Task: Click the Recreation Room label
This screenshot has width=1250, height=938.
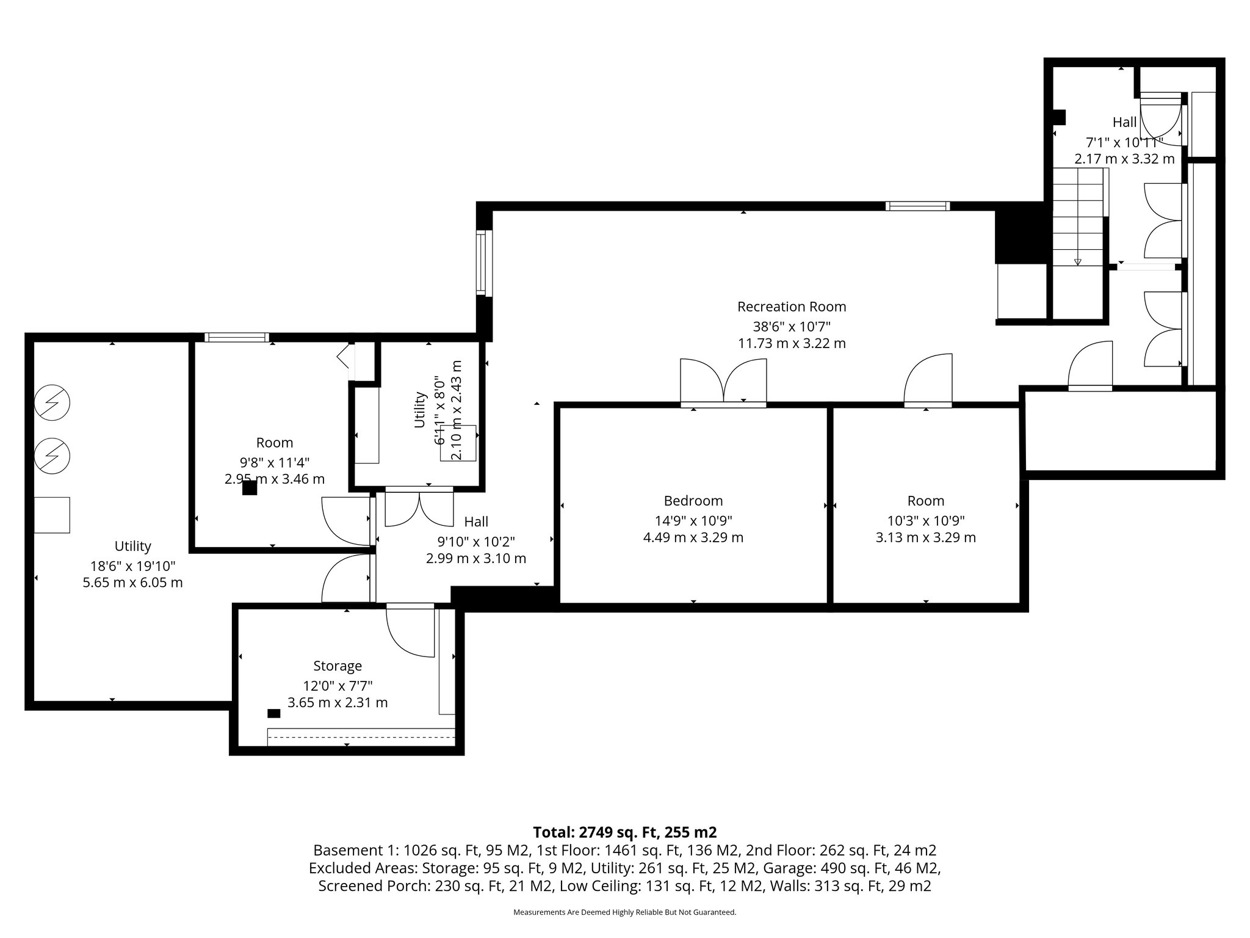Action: coord(792,307)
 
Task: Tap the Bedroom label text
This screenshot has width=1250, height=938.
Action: coord(693,501)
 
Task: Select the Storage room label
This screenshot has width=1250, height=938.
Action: coord(338,666)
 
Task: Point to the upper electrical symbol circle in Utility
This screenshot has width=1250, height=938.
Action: coord(52,402)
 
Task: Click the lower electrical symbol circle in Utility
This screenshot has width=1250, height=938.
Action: coord(52,455)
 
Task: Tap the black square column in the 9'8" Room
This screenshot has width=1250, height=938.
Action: coord(249,488)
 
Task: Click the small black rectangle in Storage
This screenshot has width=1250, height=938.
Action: coord(274,713)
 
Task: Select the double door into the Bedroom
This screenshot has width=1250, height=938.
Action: coord(724,384)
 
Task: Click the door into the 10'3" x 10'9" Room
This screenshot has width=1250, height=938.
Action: coord(928,382)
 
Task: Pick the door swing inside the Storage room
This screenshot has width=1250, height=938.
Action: coord(410,633)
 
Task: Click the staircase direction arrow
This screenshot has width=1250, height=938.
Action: coord(1077,262)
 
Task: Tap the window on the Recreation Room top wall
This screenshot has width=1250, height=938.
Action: coord(917,206)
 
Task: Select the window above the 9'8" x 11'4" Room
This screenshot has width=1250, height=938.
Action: coord(236,337)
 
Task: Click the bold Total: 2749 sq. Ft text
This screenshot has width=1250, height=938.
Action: coord(624,832)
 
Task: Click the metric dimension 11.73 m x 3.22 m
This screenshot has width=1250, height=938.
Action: coord(792,343)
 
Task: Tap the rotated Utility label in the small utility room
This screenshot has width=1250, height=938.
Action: coord(419,409)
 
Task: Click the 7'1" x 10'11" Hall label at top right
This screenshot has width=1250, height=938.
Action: coord(1124,142)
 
